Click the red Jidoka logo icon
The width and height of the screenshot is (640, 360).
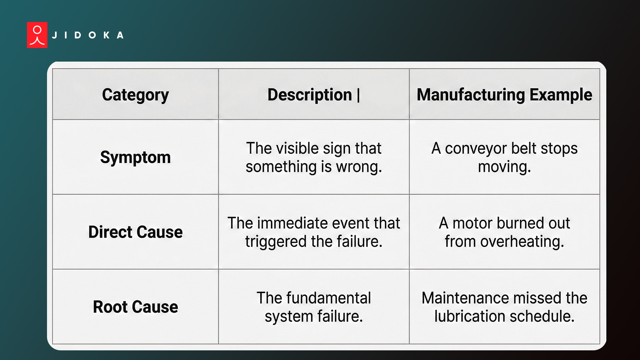(x=37, y=35)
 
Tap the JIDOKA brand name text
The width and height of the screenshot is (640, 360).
(x=88, y=35)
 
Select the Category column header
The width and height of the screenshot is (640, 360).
(x=135, y=95)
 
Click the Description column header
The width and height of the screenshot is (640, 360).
(x=310, y=95)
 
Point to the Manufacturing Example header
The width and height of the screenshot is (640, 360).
(x=504, y=95)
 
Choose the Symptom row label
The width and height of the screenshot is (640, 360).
(x=135, y=157)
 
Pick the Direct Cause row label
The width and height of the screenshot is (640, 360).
(x=135, y=232)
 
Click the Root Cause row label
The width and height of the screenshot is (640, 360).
(x=135, y=307)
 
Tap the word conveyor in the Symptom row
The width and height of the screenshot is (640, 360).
(x=476, y=149)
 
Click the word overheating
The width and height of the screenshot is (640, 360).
(x=522, y=242)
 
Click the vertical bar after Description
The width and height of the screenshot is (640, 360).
(x=359, y=95)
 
